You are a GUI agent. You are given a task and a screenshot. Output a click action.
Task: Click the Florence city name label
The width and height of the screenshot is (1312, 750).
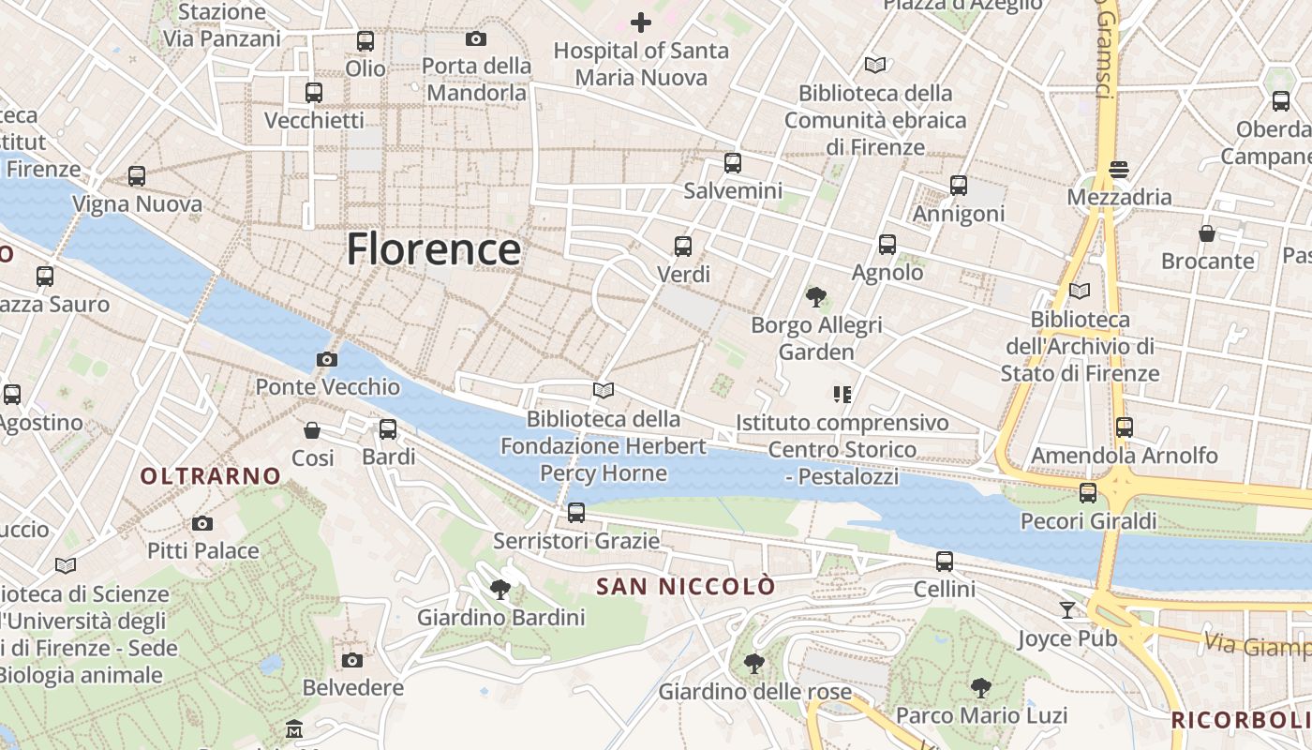click(x=433, y=249)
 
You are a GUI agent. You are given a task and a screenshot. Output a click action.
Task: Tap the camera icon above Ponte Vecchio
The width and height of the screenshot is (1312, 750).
click(x=327, y=359)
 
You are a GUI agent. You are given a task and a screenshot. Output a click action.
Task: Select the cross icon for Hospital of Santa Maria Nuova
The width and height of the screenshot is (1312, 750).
click(x=641, y=22)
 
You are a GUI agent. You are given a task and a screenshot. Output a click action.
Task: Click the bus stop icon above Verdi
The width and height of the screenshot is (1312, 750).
click(x=683, y=247)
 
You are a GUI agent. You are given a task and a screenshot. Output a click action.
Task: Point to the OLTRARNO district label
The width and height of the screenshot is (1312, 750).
click(x=211, y=476)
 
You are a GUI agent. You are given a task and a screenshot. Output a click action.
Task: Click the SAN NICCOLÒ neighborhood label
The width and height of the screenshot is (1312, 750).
click(x=686, y=587)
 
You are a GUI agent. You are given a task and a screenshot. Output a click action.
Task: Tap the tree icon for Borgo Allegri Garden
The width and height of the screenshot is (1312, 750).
click(x=816, y=297)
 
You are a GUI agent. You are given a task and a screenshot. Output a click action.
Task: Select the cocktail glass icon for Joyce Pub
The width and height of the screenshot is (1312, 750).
click(x=1067, y=610)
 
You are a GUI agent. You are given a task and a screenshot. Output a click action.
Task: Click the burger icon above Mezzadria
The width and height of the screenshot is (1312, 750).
click(x=1118, y=170)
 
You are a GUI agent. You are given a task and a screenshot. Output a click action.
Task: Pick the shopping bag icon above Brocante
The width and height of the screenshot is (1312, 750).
click(x=1207, y=233)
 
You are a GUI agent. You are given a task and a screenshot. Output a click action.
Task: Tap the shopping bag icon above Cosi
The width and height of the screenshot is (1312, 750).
click(x=312, y=430)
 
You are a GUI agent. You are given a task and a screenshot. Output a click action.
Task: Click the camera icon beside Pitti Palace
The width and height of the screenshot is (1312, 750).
click(x=202, y=523)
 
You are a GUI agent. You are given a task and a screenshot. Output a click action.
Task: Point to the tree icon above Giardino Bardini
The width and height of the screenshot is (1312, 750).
click(x=500, y=589)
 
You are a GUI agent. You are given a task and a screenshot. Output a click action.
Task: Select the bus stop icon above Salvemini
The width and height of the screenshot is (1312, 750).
click(x=733, y=162)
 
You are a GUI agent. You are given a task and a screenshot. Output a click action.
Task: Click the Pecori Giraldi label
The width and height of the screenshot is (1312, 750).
click(x=1088, y=520)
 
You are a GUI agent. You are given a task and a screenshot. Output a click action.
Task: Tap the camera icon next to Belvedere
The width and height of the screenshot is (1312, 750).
click(x=352, y=660)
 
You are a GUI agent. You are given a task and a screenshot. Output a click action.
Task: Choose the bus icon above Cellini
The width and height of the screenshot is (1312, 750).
click(x=945, y=562)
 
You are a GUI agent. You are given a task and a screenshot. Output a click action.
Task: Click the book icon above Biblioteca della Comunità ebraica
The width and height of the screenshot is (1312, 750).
click(x=875, y=66)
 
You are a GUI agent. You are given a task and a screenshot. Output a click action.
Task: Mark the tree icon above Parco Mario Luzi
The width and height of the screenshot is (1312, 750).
click(x=981, y=688)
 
